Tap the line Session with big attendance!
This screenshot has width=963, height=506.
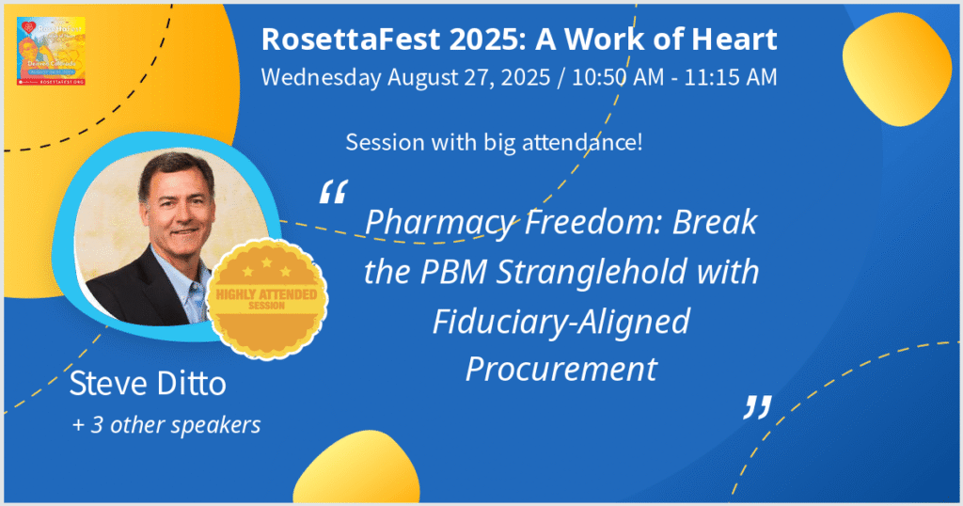[x=494, y=144]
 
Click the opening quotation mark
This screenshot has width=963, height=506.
[x=333, y=192]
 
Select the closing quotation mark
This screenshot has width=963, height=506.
[x=757, y=405]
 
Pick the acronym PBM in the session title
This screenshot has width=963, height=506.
[x=437, y=273]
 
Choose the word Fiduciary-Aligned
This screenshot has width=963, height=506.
[x=561, y=322]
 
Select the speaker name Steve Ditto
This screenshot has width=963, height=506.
[x=148, y=386]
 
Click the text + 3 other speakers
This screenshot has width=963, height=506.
[x=166, y=425]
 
